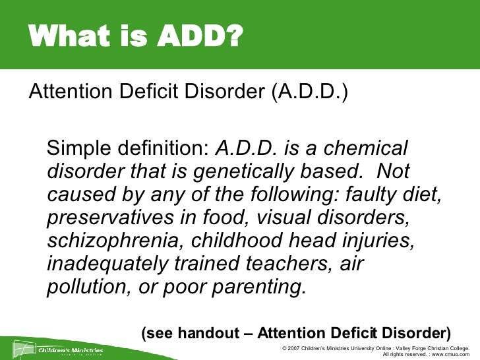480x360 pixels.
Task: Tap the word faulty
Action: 359,195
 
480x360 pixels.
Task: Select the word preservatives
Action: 112,218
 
